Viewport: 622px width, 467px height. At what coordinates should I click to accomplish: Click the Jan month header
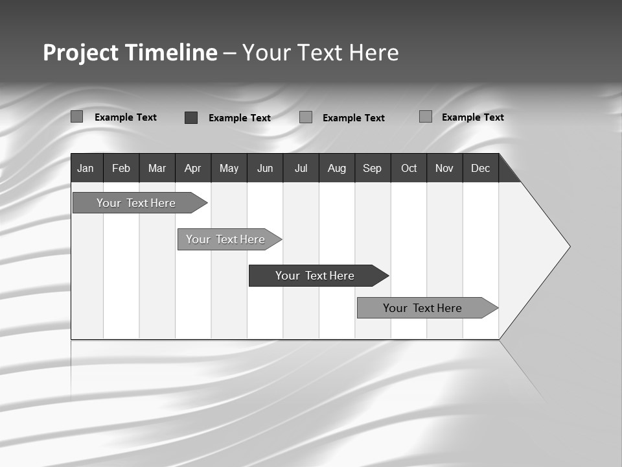(x=86, y=168)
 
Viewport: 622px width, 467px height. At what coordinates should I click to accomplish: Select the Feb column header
(x=121, y=168)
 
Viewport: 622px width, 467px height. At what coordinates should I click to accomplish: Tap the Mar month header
(x=157, y=168)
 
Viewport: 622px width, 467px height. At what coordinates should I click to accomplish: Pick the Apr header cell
(x=193, y=168)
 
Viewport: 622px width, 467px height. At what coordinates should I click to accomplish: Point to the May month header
(x=229, y=168)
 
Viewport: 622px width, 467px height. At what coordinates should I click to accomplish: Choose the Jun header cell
(x=265, y=168)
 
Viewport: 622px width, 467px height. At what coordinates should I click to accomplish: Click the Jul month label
(x=301, y=168)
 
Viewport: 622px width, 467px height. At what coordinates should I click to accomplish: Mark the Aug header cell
(x=337, y=168)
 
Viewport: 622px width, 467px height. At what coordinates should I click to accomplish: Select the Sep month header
(x=373, y=168)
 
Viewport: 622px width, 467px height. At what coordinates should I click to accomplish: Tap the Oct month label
(x=409, y=168)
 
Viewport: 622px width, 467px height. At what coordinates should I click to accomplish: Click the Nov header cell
(x=444, y=168)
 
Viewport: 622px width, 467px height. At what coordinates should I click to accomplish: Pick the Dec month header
(x=481, y=168)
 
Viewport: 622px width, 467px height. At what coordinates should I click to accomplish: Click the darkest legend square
(x=191, y=117)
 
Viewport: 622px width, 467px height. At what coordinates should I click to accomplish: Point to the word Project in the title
(x=81, y=53)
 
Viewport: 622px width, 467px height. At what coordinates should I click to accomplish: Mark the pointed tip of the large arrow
(x=569, y=246)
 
